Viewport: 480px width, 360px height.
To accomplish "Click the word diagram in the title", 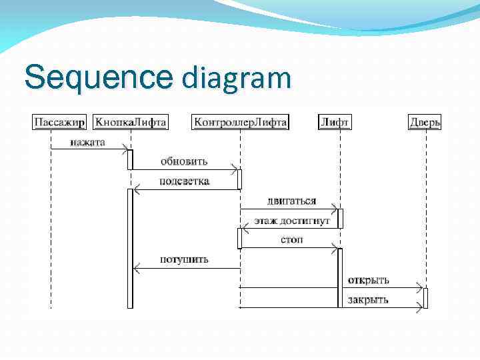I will click(x=236, y=77).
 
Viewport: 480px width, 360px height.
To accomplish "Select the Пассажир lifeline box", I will click(x=59, y=122).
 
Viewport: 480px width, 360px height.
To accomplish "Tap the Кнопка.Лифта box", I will click(x=130, y=122).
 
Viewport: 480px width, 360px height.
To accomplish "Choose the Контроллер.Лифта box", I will click(x=240, y=122).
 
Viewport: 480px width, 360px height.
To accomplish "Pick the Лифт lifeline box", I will click(x=335, y=122).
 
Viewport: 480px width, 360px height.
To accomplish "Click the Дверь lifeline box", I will click(x=425, y=122).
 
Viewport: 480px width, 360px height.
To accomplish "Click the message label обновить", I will click(x=183, y=161).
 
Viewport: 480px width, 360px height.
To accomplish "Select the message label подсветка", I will click(x=184, y=181).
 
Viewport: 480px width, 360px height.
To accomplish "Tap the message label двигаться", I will click(x=291, y=201).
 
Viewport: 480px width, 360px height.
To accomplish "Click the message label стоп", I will click(x=291, y=239).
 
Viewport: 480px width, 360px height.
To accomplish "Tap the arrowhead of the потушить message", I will click(x=137, y=269).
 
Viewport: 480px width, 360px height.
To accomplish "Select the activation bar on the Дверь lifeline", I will click(x=425, y=298).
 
